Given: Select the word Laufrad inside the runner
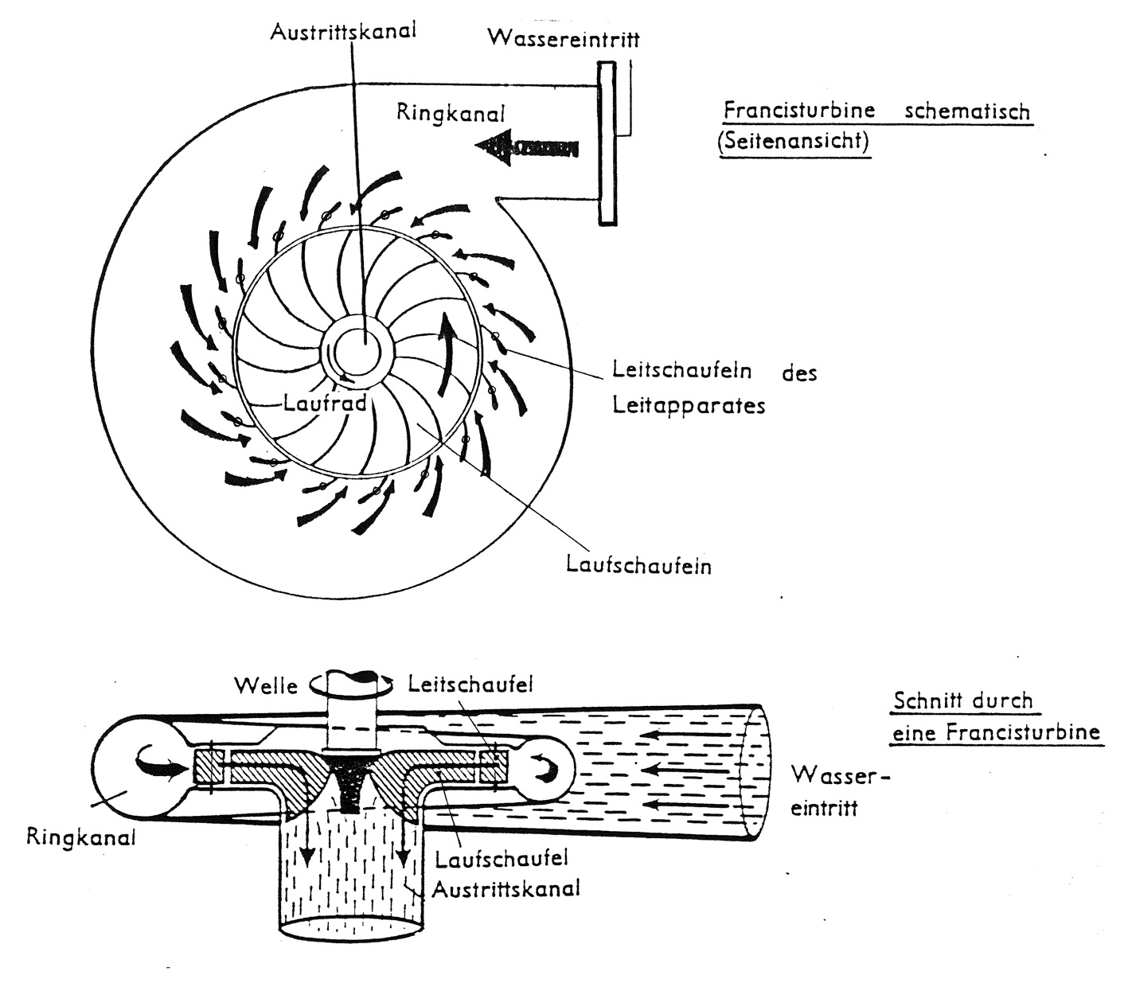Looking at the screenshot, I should [x=325, y=403].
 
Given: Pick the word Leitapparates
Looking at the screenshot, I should [x=689, y=405].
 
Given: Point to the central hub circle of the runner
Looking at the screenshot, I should [x=359, y=349].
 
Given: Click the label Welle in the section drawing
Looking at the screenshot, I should [x=265, y=685].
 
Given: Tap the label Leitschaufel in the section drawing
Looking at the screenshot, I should [x=470, y=684].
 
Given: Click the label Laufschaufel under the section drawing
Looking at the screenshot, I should [x=502, y=859].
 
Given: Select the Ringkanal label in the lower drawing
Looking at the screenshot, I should [x=80, y=837].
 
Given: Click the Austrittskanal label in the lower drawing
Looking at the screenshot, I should [x=505, y=888].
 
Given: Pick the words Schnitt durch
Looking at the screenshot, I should [x=962, y=701].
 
